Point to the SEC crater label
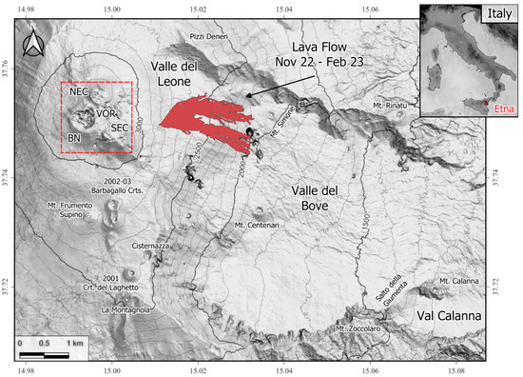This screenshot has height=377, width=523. tap(119, 128)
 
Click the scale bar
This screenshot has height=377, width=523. tap(45, 354)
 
